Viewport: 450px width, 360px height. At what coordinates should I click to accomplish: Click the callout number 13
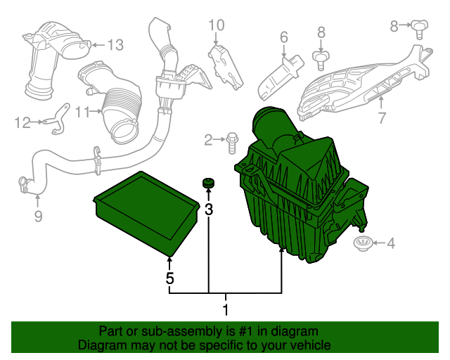pos(115,45)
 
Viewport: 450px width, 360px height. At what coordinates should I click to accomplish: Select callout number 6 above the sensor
pos(284,37)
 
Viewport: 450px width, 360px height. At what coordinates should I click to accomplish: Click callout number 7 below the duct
pos(382,117)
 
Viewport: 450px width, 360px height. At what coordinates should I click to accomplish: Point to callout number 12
pos(23,123)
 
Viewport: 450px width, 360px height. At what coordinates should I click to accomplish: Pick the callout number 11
pos(84,112)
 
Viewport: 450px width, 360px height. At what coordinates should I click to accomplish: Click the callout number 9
pos(38,216)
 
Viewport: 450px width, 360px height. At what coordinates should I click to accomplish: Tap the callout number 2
pos(208,140)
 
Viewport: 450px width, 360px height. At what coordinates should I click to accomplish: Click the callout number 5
pos(169,278)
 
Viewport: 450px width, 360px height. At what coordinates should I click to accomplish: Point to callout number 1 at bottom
pos(226,309)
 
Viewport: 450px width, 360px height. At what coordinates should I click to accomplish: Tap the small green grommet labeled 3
pos(208,184)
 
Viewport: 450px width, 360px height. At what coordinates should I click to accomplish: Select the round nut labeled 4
pos(362,244)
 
